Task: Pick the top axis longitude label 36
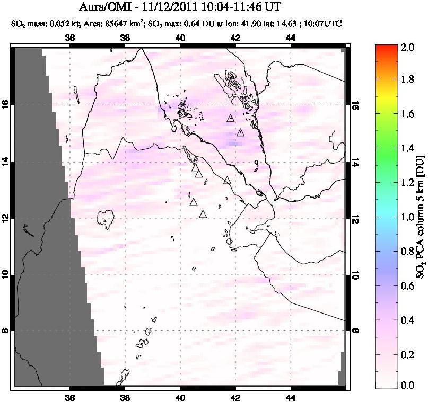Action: tap(69, 38)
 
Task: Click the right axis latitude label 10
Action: tap(355, 274)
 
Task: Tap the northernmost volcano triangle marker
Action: tap(230, 119)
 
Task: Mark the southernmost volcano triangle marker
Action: tap(203, 214)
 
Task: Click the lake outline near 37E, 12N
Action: tap(107, 217)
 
